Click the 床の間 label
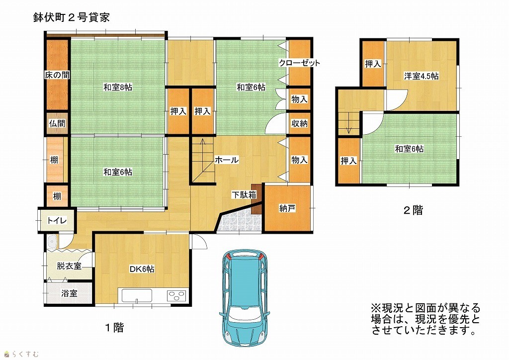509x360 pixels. (x=57, y=75)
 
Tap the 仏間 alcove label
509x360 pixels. (x=57, y=123)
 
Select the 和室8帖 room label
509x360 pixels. (x=118, y=87)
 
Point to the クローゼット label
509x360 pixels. (x=299, y=63)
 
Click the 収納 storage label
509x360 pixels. (x=299, y=123)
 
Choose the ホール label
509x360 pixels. (x=227, y=160)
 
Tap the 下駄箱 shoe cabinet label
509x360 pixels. (x=244, y=195)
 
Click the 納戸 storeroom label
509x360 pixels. (x=287, y=208)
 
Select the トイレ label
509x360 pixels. (x=57, y=221)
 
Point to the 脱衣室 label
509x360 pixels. (x=69, y=266)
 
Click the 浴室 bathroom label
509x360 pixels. (x=69, y=293)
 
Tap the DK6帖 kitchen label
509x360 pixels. (x=142, y=269)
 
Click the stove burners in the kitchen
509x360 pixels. (x=177, y=296)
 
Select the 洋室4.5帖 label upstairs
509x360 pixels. (x=422, y=76)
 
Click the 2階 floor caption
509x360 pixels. (x=413, y=210)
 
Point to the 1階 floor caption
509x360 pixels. (x=114, y=328)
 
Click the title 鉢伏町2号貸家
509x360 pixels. (x=72, y=17)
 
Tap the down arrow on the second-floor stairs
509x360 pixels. (x=349, y=123)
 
